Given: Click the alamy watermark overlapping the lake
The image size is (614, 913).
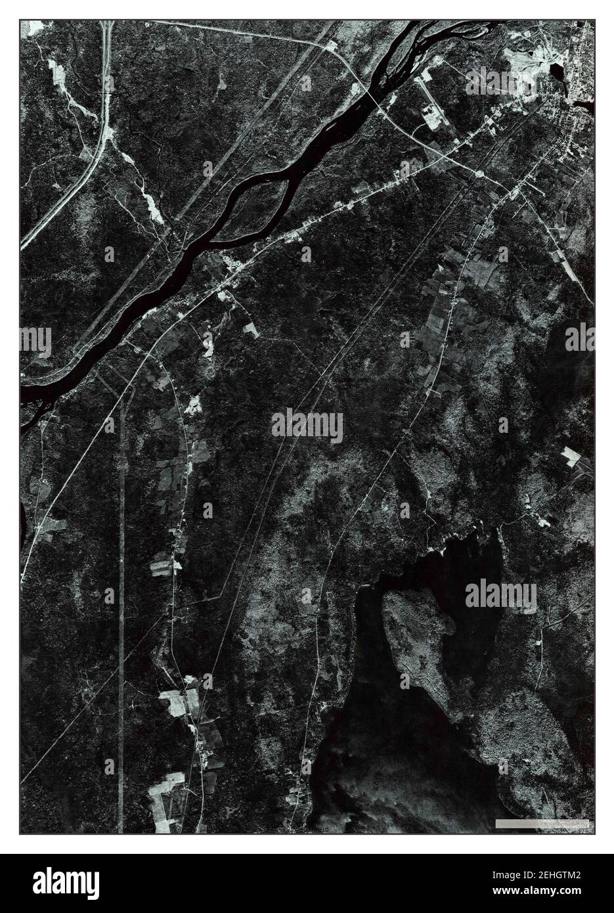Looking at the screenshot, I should pyautogui.click(x=500, y=595).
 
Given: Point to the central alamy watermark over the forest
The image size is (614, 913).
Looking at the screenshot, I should pyautogui.click(x=307, y=425).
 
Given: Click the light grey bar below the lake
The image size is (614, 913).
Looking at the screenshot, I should pyautogui.click(x=518, y=823).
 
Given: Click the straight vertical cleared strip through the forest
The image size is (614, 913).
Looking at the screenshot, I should pyautogui.click(x=122, y=591).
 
